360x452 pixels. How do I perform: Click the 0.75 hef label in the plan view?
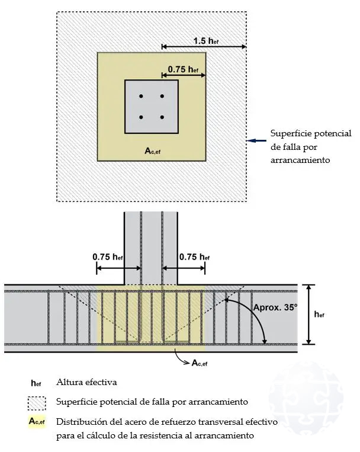(x=183, y=69)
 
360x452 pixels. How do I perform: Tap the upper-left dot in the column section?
(x=141, y=96)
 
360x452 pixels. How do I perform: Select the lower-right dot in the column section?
(x=162, y=117)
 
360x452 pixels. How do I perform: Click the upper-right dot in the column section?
(x=162, y=96)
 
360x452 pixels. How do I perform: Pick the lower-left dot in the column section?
(x=141, y=117)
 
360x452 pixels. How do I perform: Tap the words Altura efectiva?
(x=86, y=382)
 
